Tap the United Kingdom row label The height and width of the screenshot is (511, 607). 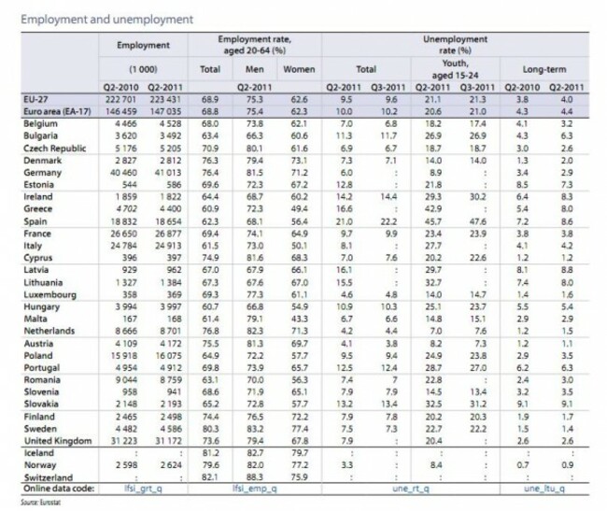coord(62,440)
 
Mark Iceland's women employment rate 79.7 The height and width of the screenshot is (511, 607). coord(297,451)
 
